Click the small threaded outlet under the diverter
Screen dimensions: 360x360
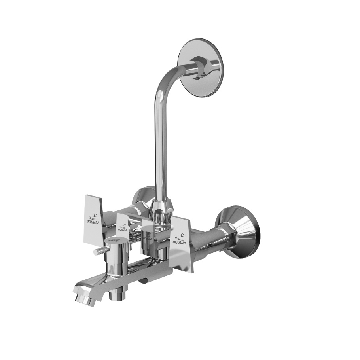pos(117,293)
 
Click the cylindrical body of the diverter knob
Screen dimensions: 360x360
pos(118,259)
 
